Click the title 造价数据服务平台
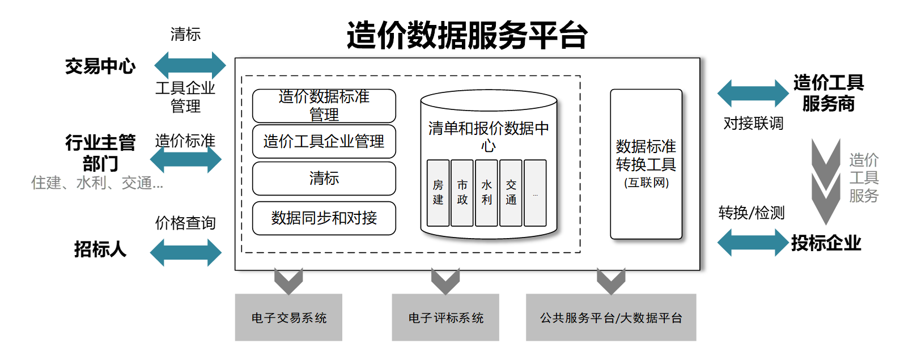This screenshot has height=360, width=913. pyautogui.click(x=467, y=35)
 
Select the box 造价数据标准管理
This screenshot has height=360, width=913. pyautogui.click(x=324, y=105)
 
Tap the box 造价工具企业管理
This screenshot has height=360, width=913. pyautogui.click(x=324, y=141)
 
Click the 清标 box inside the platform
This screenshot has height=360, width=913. pyautogui.click(x=324, y=179)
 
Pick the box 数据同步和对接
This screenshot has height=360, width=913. pyautogui.click(x=324, y=218)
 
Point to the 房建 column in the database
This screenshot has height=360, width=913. pyautogui.click(x=438, y=193)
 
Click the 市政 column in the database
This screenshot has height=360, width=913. pyautogui.click(x=462, y=193)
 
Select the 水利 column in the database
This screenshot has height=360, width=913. pyautogui.click(x=486, y=193)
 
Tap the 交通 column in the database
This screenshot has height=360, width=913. pyautogui.click(x=511, y=193)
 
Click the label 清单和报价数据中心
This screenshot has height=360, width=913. pyautogui.click(x=489, y=136)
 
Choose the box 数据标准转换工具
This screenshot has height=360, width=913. pyautogui.click(x=646, y=164)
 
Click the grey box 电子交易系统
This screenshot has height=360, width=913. pyautogui.click(x=288, y=317)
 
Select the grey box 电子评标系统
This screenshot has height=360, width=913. pyautogui.click(x=445, y=317)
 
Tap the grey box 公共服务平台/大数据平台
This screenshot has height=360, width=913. pyautogui.click(x=611, y=317)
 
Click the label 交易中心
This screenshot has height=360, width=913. pyautogui.click(x=100, y=66)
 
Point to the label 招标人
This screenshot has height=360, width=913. pyautogui.click(x=100, y=249)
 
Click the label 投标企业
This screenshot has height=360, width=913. pyautogui.click(x=826, y=243)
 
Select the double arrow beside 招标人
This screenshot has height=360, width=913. pyautogui.click(x=185, y=252)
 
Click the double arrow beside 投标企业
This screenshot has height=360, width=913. pyautogui.click(x=753, y=243)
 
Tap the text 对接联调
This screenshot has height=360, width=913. pyautogui.click(x=753, y=123)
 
